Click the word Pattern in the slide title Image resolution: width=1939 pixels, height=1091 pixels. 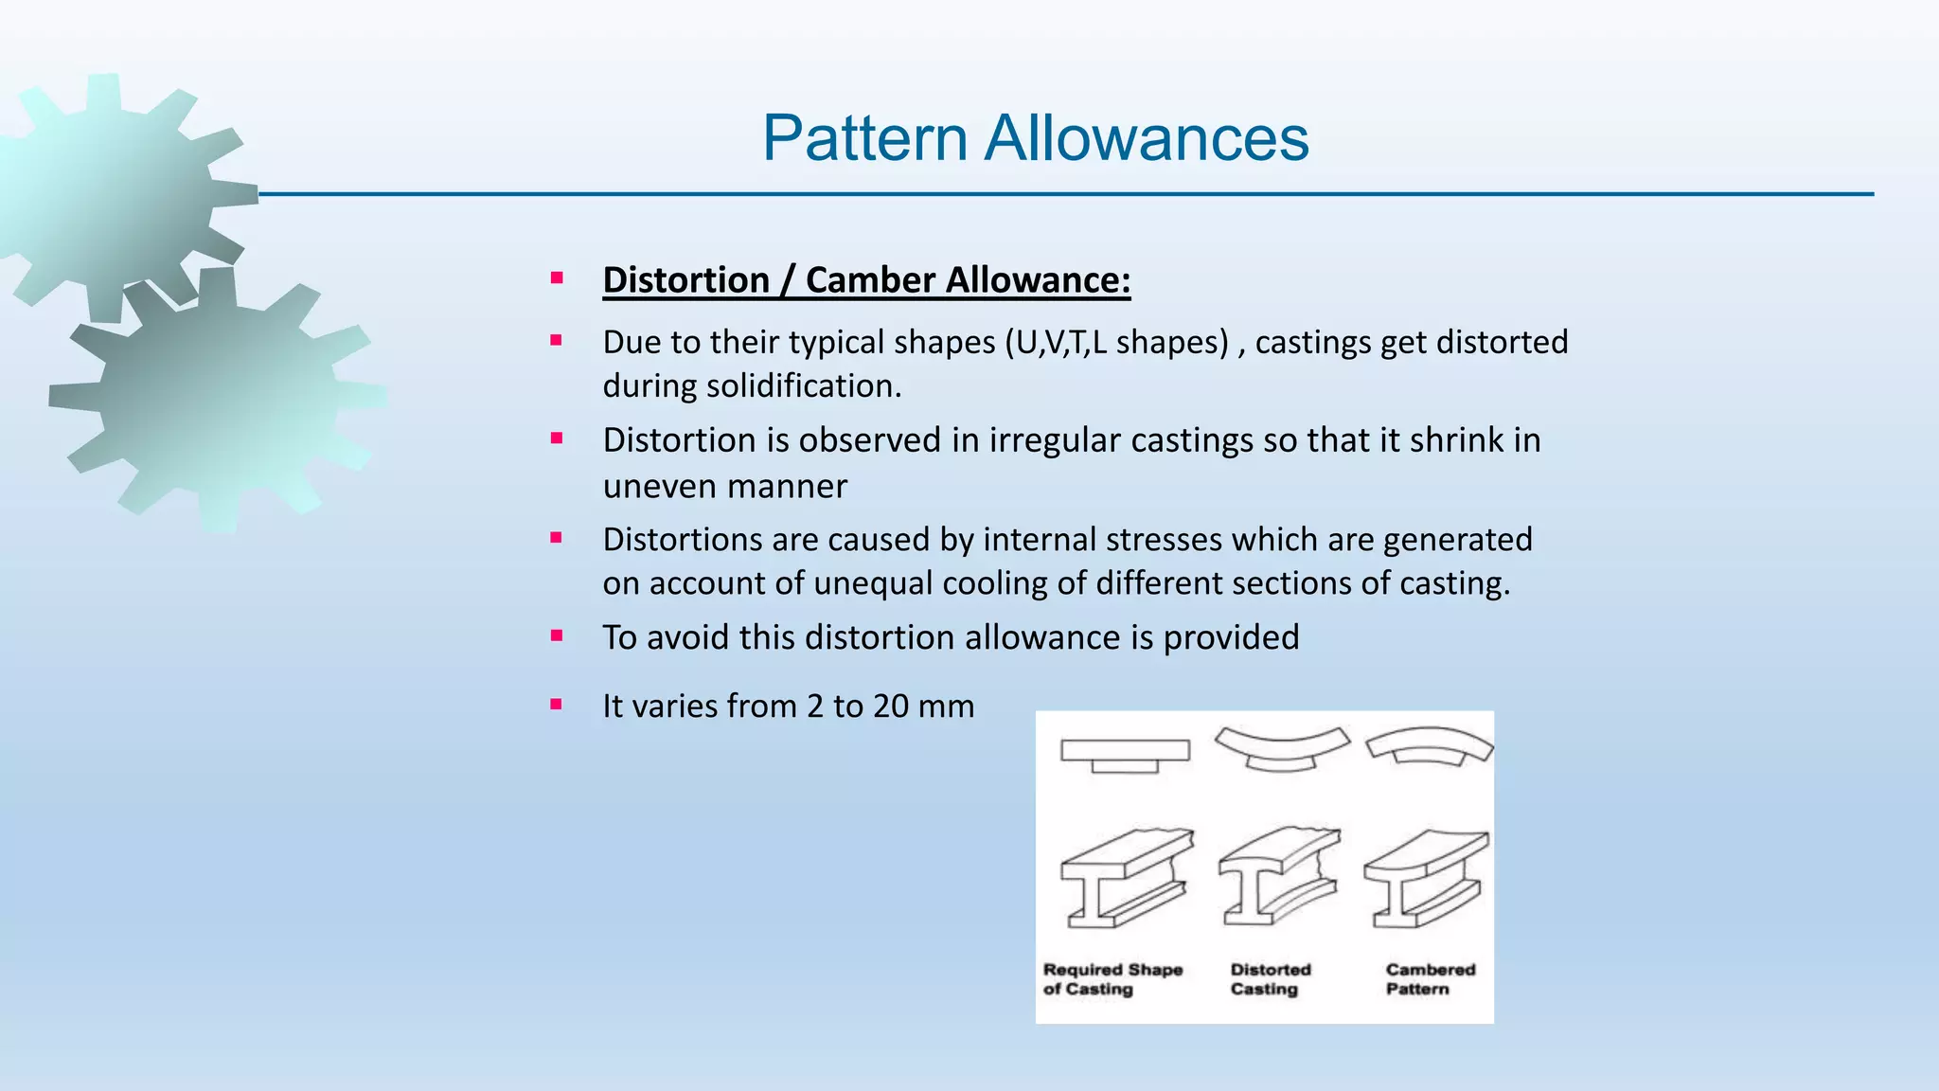(x=864, y=138)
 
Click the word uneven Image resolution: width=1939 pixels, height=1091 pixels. (x=649, y=487)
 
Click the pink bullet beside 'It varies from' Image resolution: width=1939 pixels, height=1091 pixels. (x=557, y=705)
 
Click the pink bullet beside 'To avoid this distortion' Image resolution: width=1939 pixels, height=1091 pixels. (x=557, y=635)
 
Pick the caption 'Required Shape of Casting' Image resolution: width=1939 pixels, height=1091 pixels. (x=1112, y=979)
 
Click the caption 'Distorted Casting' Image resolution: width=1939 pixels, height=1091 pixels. (x=1270, y=979)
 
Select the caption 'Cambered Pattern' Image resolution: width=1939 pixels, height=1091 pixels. (x=1430, y=979)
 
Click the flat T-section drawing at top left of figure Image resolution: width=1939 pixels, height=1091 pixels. (x=1125, y=754)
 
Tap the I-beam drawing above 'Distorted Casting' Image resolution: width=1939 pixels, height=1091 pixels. (x=1278, y=877)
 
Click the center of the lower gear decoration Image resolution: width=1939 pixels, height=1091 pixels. (x=213, y=398)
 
